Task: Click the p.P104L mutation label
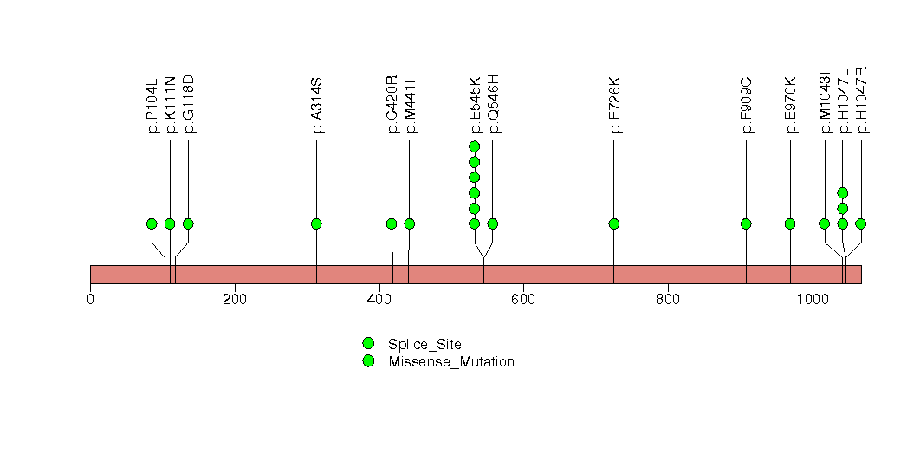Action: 152,104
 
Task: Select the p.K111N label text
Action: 170,104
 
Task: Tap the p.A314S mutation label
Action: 316,105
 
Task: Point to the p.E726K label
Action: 614,105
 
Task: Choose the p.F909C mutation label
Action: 746,105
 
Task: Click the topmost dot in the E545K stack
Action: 474,146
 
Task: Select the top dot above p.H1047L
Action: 842,193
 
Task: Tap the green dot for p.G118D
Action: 188,224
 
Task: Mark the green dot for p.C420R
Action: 392,224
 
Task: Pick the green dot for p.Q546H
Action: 492,224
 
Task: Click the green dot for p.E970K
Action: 790,224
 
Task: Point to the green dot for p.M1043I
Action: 824,224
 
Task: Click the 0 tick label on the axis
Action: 90,300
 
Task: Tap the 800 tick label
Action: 668,300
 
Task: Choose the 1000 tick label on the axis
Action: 812,300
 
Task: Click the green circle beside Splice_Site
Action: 368,344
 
